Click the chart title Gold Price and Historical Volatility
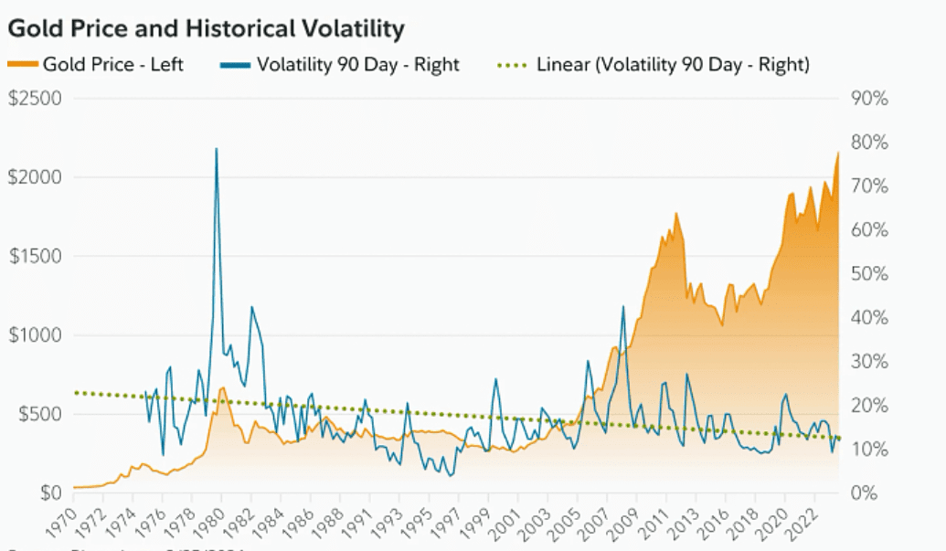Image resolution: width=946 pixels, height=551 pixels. pyautogui.click(x=206, y=29)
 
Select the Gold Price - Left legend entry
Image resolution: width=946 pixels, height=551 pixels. pyautogui.click(x=96, y=65)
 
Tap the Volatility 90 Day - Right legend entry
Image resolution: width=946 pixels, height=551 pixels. pyautogui.click(x=340, y=65)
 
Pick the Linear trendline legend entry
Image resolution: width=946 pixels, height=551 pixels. pyautogui.click(x=654, y=65)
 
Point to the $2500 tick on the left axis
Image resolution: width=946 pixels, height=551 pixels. pyautogui.click(x=35, y=98)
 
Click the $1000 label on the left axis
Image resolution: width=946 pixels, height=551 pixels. pyautogui.click(x=35, y=335)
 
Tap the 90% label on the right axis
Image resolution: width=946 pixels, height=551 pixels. pyautogui.click(x=869, y=98)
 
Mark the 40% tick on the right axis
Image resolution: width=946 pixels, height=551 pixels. pyautogui.click(x=869, y=318)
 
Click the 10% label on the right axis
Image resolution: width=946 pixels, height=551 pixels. pyautogui.click(x=869, y=450)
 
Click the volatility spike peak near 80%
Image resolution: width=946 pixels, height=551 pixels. pyautogui.click(x=216, y=148)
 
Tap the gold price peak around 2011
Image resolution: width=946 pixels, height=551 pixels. pyautogui.click(x=676, y=214)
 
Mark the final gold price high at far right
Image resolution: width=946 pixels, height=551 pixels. pyautogui.click(x=837, y=153)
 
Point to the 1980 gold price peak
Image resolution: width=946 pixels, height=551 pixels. pyautogui.click(x=222, y=387)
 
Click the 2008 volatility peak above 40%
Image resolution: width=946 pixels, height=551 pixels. pyautogui.click(x=623, y=307)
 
